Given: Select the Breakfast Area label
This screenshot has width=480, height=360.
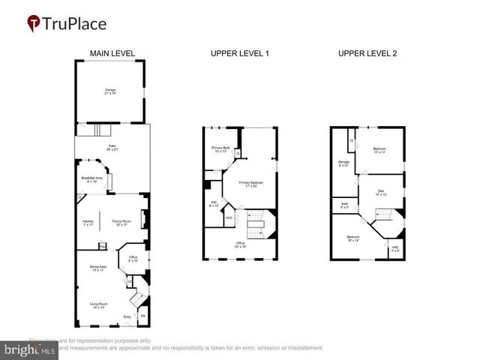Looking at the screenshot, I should tap(92, 179).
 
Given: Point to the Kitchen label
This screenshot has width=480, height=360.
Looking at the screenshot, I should tap(88, 223).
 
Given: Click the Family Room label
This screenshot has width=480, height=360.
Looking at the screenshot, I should tap(121, 223).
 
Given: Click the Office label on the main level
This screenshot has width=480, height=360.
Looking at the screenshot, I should tap(132, 259).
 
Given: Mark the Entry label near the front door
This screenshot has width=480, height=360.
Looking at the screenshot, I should tap(127, 317).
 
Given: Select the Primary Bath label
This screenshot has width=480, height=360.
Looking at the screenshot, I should tap(220, 149).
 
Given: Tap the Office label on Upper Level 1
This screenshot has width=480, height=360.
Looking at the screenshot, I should tap(241, 244).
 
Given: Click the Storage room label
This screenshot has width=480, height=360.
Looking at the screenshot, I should tap(343, 163).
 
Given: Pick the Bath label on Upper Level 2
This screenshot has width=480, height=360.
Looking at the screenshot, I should tap(344, 205).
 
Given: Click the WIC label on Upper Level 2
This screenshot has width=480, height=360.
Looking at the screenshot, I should tap(394, 248).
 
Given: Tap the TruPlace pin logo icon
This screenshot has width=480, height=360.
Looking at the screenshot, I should tap(34, 24).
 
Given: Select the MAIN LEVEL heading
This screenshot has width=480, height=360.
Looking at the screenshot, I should tap(112, 54).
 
